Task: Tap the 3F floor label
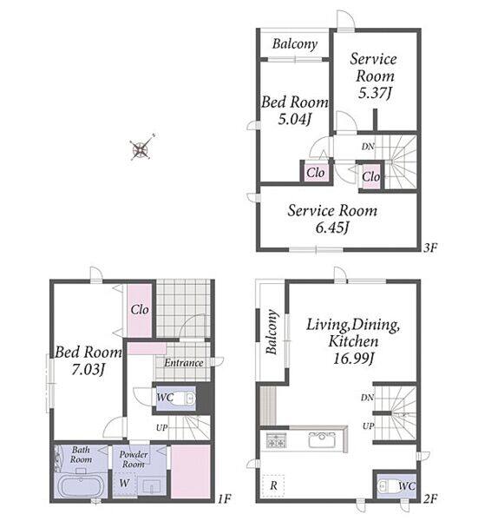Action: pos(430,247)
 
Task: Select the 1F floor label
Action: pos(224,498)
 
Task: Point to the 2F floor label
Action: pos(430,498)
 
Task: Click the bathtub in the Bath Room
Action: pos(82,485)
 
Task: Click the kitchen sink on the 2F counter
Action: pos(321,440)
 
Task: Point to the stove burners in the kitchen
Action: pos(276,440)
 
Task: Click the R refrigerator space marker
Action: pos(273,485)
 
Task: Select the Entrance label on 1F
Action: pos(184,362)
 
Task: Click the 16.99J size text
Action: pos(354,359)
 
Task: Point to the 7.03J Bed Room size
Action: pos(88,370)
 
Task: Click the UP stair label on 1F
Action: pos(162,427)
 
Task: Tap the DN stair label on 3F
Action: pos(368,146)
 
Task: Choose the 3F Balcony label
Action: pos(295,44)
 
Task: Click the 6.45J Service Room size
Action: pos(332,228)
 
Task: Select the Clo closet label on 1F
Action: pos(140,310)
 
